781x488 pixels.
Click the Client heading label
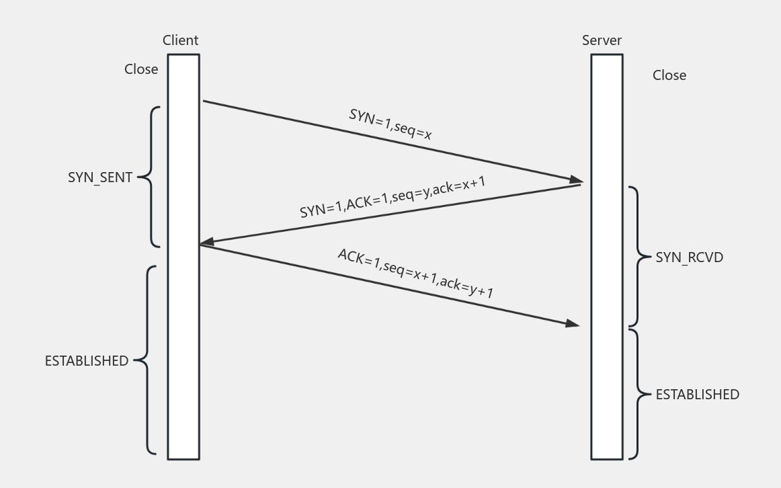180,40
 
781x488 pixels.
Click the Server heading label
602,40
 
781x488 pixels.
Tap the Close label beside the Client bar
141,69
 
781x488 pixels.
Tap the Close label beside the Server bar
669,75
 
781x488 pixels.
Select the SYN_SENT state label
100,178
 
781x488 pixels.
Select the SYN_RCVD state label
690,257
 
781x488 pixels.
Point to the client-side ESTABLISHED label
87,361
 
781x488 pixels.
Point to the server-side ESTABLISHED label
698,395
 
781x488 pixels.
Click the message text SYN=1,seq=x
390,124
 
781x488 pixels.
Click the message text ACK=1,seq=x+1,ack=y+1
416,274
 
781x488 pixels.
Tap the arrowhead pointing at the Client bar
207,241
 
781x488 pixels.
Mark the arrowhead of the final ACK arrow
572,323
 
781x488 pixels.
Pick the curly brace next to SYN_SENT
151,177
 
